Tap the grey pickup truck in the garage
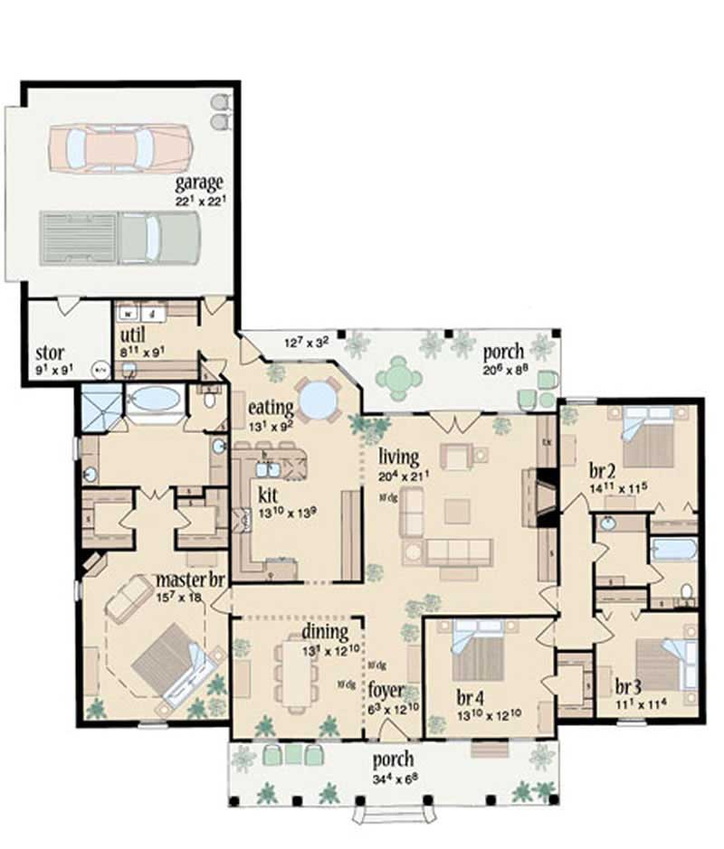pyautogui.click(x=119, y=237)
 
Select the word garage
pyautogui.click(x=200, y=184)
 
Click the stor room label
pyautogui.click(x=49, y=352)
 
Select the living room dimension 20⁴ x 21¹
pyautogui.click(x=405, y=473)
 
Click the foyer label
pyautogui.click(x=386, y=691)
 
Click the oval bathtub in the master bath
pyautogui.click(x=153, y=399)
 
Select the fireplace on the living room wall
pyautogui.click(x=545, y=497)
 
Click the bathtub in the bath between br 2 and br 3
pyautogui.click(x=674, y=550)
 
